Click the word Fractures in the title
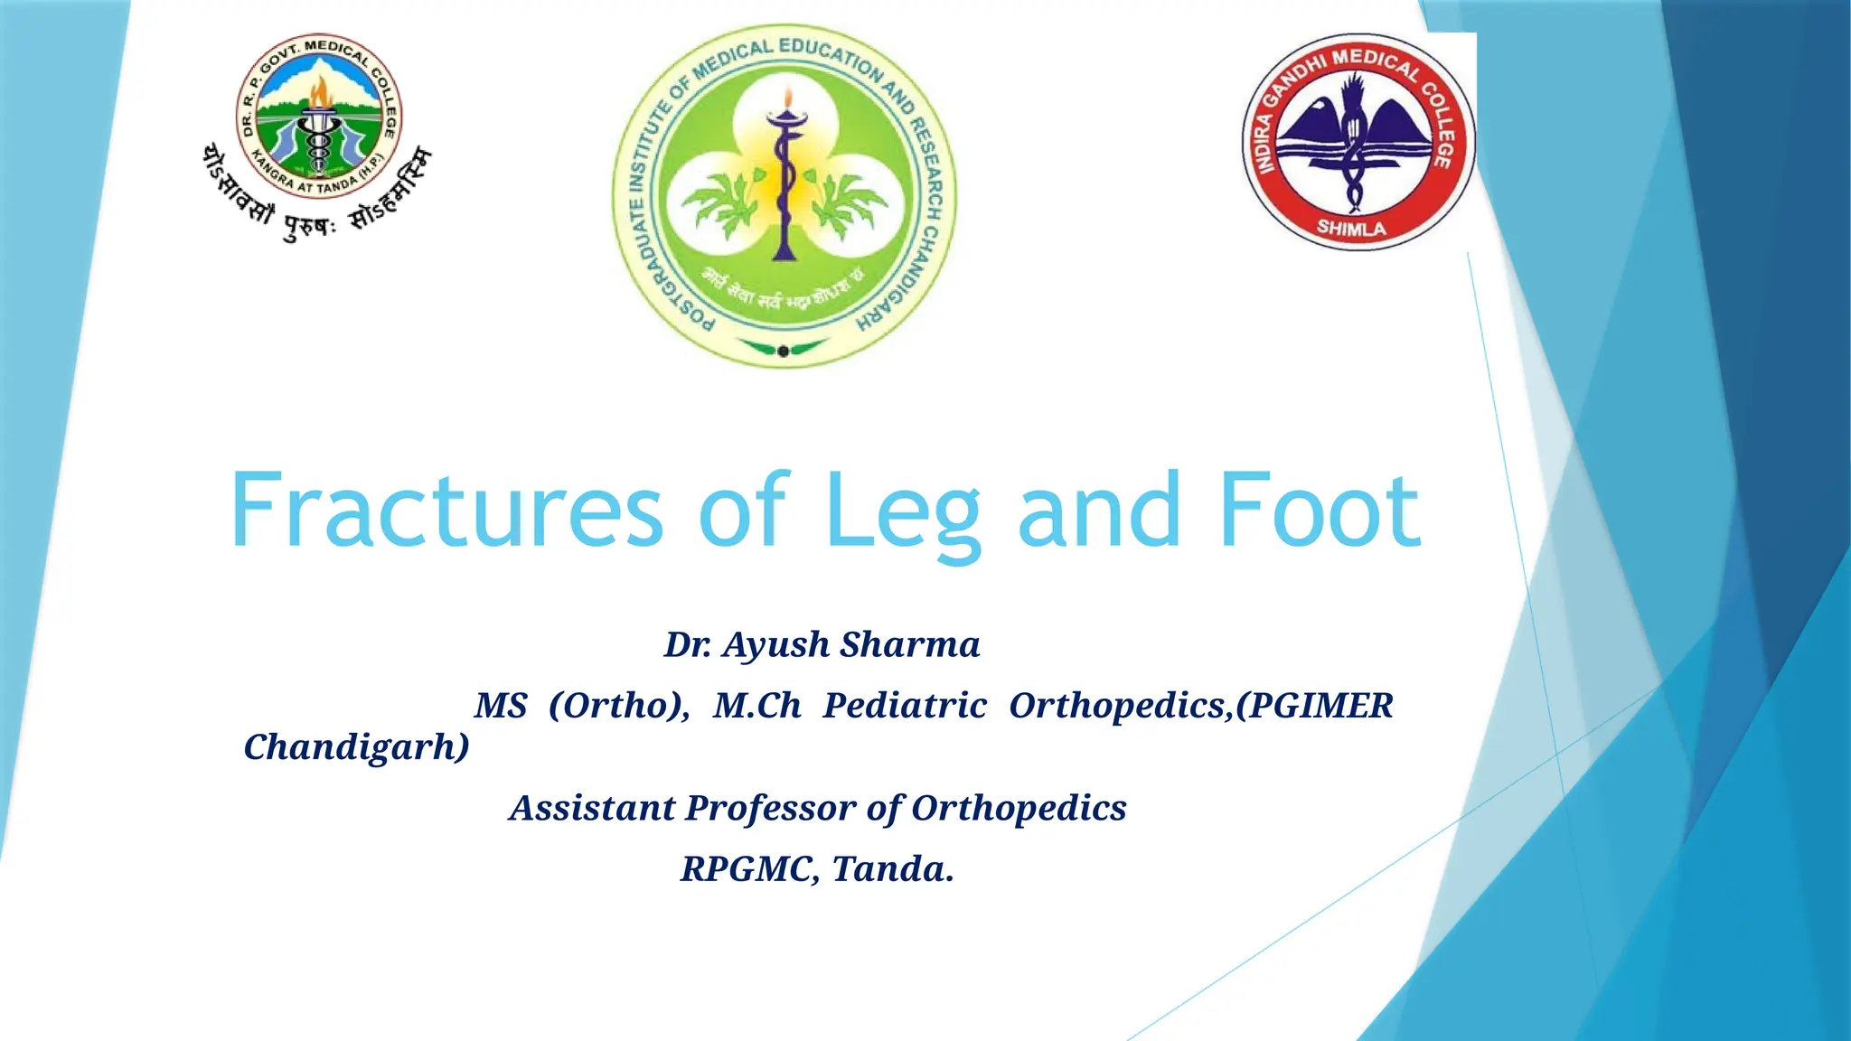pos(447,511)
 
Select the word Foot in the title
pos(1320,511)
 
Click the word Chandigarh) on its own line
pos(357,747)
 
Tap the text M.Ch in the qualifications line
pos(756,706)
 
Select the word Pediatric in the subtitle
pos(904,706)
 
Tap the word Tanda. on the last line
pos(892,869)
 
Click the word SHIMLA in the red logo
pos(1351,229)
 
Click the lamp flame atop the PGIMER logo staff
pos(787,97)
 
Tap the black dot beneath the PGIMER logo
pos(783,352)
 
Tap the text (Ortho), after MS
pos(619,706)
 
